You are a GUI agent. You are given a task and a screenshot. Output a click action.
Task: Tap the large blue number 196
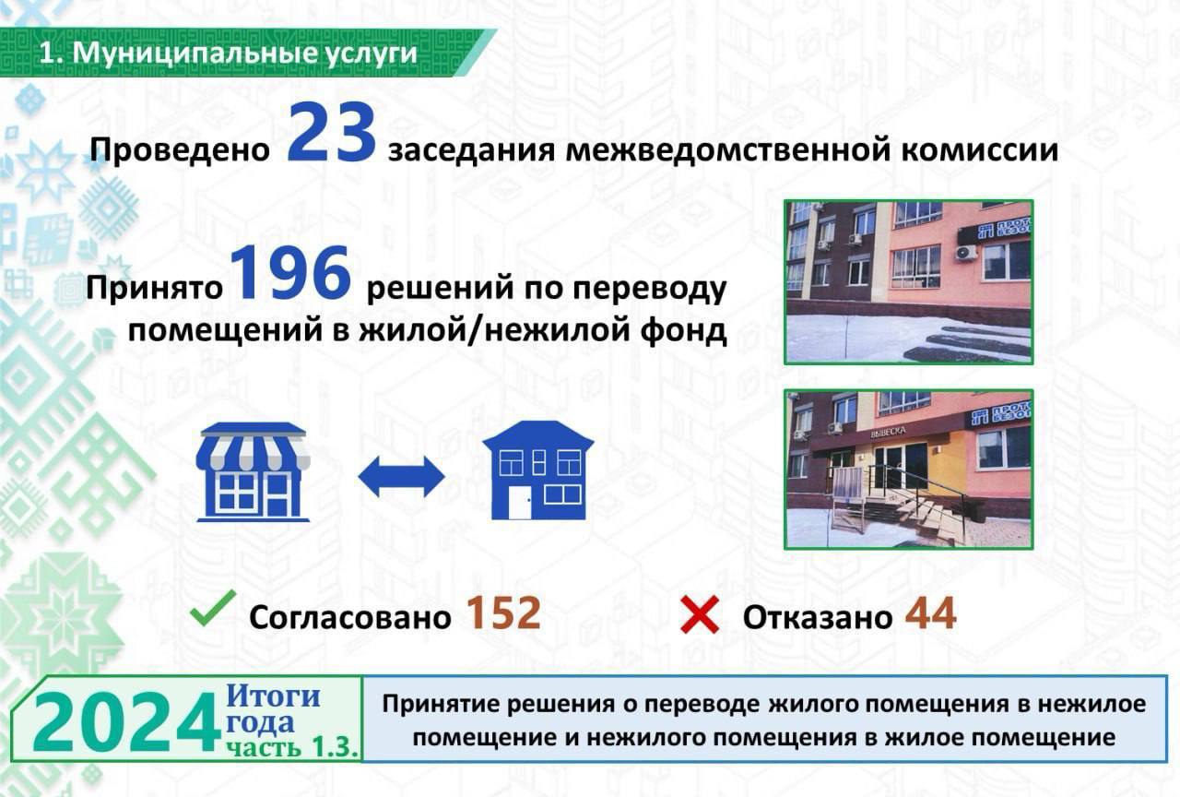point(290,273)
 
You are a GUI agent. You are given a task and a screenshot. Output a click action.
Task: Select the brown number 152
point(503,613)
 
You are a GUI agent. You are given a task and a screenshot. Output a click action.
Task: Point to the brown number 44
point(931,613)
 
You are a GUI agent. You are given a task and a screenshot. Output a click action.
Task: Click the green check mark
point(212,608)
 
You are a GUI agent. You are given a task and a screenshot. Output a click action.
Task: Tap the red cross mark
point(700,614)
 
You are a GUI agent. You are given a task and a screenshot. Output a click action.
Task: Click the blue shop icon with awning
point(253,471)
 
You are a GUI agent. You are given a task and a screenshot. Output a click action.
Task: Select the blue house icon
point(538,470)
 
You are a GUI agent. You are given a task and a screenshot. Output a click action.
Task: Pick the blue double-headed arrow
point(401,477)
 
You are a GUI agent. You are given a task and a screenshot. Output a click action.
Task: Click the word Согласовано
point(349,617)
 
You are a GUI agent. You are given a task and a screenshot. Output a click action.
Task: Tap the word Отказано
point(818,617)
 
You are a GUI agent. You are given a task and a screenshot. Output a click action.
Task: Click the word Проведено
point(180,149)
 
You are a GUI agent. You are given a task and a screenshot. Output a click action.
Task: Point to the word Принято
point(154,290)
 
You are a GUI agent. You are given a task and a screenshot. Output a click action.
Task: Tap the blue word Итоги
point(274,696)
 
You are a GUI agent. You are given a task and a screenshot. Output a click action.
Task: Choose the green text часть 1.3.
point(292,747)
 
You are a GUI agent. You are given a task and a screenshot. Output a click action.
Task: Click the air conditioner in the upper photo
point(966,253)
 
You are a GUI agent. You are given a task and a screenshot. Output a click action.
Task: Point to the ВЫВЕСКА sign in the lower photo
point(888,432)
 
